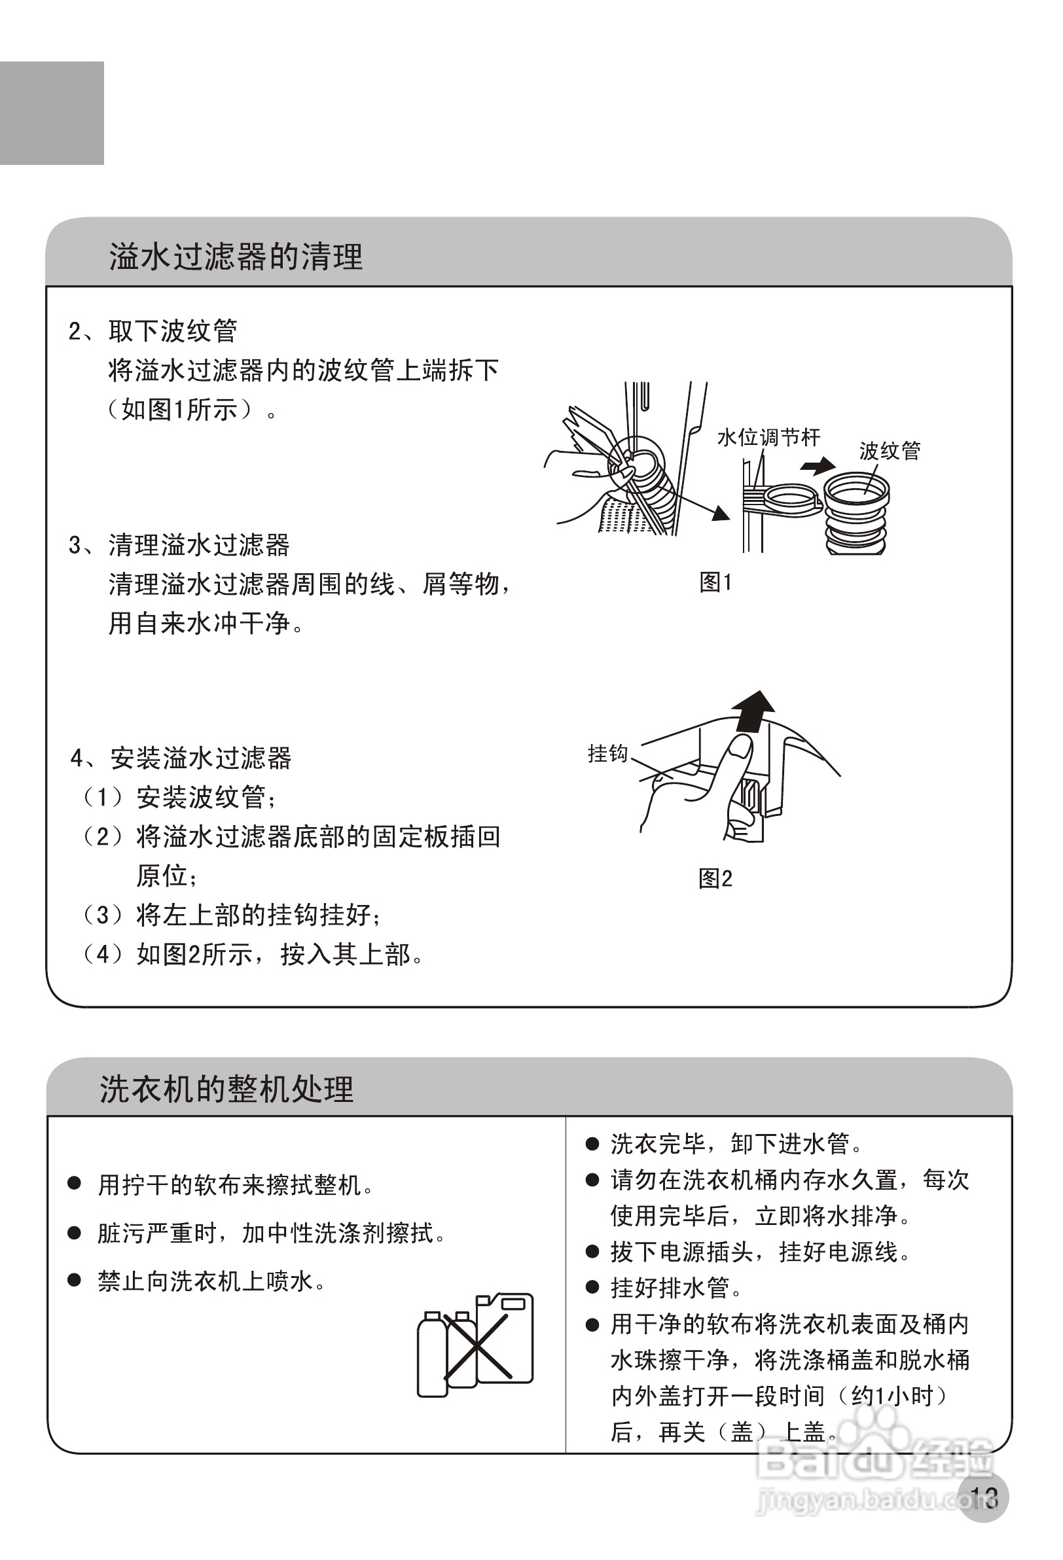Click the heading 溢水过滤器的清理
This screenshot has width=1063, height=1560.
pos(236,257)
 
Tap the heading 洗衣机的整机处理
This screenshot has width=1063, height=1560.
pos(226,1089)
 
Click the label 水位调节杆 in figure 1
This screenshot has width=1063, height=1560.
pos(768,438)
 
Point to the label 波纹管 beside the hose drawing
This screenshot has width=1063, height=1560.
pos(889,450)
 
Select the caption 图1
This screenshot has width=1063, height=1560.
pos(715,582)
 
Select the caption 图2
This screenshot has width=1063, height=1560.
pos(715,878)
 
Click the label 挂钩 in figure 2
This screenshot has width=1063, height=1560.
pos(607,753)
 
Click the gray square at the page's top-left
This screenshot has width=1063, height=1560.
pos(52,113)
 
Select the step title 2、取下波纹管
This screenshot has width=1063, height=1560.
pos(153,331)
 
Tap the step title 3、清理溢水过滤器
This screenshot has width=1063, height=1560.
pos(179,545)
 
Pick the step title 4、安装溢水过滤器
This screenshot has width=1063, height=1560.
pos(181,758)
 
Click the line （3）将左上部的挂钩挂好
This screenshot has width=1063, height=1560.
pos(232,915)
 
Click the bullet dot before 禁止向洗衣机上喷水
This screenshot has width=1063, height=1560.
pos(75,1281)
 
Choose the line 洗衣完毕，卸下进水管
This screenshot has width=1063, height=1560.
pos(735,1143)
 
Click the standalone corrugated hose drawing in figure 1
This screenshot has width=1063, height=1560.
pos(856,514)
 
